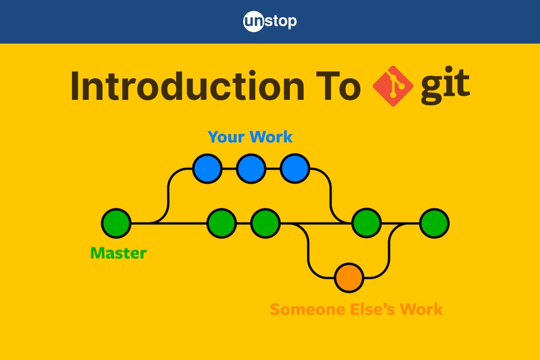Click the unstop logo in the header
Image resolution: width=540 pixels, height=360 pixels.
coord(270,22)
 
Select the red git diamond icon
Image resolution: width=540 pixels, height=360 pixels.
coord(392,86)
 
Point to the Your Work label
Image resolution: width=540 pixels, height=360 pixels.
coord(250,137)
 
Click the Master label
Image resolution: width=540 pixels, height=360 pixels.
coord(118,253)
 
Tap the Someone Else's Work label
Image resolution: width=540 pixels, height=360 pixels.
coord(356,310)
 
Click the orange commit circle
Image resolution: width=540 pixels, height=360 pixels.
coord(349,278)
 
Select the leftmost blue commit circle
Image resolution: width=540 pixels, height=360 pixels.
coord(207,169)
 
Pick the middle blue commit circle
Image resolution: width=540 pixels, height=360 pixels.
coord(251,169)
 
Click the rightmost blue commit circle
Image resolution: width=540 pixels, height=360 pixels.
coord(294,169)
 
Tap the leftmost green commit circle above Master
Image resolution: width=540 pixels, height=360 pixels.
coord(116,223)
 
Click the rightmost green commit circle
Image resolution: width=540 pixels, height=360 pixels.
coord(434,223)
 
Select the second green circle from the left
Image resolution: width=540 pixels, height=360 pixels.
coord(222,223)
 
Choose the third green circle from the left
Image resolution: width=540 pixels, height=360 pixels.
coord(265,223)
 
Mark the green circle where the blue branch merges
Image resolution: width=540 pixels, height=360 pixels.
coord(366,223)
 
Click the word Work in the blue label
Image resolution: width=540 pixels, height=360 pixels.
coord(271,137)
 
